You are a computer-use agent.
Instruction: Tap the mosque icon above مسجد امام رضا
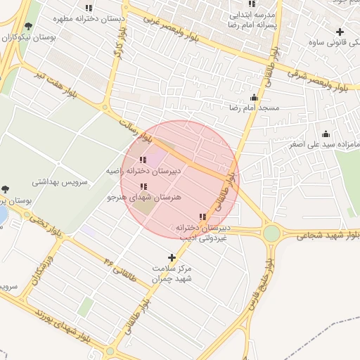click(x=254, y=98)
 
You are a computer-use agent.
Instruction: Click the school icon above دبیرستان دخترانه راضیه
click(x=143, y=160)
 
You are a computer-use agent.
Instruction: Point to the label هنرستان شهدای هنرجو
click(x=144, y=197)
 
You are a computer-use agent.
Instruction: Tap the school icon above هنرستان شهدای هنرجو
click(x=144, y=186)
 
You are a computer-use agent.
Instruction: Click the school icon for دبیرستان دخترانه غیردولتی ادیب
click(x=203, y=217)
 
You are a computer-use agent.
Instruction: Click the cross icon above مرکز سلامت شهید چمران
click(x=172, y=258)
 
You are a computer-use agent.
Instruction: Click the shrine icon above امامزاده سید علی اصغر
click(x=326, y=134)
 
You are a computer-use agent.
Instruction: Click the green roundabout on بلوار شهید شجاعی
click(x=271, y=233)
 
